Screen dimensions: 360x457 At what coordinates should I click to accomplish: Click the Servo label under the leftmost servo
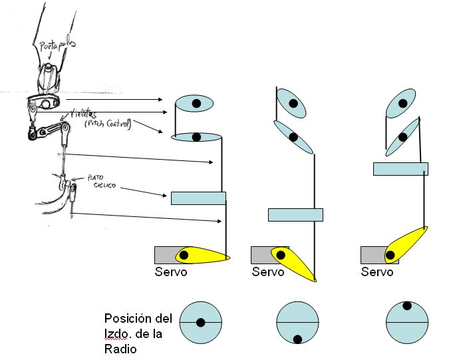171,272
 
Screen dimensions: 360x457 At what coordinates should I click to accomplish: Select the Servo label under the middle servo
268,272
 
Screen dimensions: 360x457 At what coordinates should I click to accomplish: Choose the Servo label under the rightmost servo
377,272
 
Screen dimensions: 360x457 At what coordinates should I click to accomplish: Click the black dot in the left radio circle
200,323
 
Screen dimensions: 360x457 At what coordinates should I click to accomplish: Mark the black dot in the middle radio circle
297,339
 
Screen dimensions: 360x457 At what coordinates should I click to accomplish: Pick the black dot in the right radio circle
406,306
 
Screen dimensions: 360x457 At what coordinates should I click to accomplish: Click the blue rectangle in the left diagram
198,198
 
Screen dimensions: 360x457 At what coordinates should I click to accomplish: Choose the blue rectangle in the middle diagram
295,214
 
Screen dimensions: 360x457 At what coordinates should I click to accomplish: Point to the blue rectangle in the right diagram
400,168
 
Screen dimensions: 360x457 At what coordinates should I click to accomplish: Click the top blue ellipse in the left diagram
194,103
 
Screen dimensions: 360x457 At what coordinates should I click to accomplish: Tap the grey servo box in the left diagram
164,254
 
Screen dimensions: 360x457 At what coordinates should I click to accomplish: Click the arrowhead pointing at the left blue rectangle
167,196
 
